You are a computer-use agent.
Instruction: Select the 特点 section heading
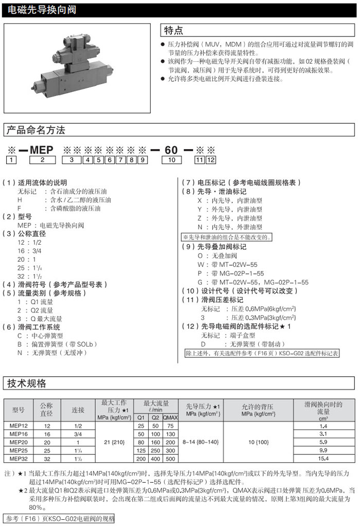coord(173,31)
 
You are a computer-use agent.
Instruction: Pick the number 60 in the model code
coord(171,150)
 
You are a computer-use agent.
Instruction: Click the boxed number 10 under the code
coord(171,160)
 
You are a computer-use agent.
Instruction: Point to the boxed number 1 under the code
coord(9,160)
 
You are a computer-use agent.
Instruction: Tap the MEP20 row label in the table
coord(19,442)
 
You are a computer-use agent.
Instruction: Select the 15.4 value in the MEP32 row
coord(323,458)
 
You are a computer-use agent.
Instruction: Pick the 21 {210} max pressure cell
coord(114,442)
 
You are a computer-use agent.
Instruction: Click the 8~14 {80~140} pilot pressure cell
coord(201,442)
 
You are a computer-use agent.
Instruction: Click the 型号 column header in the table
coord(19,410)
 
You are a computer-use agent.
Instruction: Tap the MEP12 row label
coord(19,426)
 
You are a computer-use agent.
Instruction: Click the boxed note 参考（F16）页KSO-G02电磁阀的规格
coord(59,518)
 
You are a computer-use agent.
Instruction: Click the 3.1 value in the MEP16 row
coord(323,434)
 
